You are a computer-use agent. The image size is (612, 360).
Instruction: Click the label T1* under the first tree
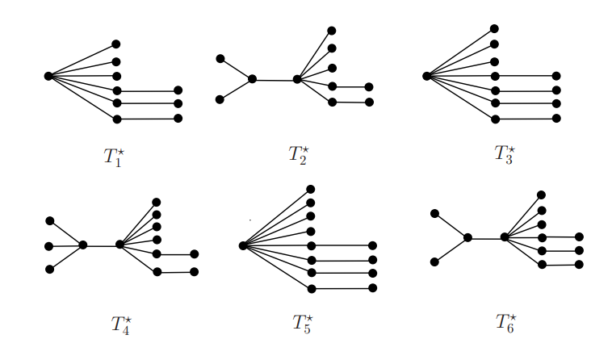click(114, 157)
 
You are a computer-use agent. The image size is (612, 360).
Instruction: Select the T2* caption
click(299, 153)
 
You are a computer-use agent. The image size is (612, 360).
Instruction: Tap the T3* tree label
click(505, 153)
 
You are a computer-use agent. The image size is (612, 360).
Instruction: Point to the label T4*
click(121, 324)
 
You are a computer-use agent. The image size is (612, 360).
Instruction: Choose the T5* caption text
click(302, 324)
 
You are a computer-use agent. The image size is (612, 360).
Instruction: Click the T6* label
click(505, 324)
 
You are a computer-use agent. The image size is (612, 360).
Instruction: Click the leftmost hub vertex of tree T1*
click(48, 76)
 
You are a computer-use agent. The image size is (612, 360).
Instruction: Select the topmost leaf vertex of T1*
click(116, 44)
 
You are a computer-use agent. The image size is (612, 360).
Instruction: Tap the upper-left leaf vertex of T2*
click(220, 58)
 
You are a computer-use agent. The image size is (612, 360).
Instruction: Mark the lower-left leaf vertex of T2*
click(220, 99)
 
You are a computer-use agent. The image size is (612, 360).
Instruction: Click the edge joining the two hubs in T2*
click(275, 79)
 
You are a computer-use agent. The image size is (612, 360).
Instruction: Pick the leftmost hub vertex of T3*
click(426, 76)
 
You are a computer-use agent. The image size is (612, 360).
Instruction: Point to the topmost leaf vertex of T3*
click(494, 29)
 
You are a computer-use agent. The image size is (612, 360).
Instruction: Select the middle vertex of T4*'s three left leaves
click(49, 245)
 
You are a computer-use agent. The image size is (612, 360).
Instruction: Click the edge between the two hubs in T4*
click(101, 245)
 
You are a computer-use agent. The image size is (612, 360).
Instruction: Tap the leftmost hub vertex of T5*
click(242, 245)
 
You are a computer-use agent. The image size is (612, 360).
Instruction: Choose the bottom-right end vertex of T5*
click(373, 288)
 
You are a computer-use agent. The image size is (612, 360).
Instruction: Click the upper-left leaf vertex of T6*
click(435, 213)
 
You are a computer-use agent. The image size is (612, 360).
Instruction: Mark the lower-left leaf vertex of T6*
click(435, 262)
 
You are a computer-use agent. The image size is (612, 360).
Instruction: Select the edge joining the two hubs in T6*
click(486, 237)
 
